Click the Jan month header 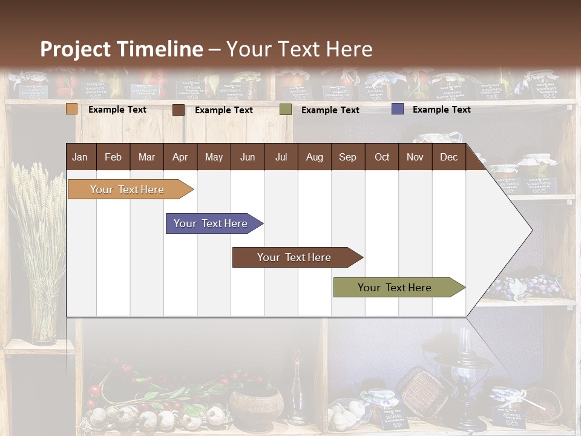click(x=80, y=157)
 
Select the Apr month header click(x=180, y=157)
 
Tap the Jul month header click(x=281, y=157)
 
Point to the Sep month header click(x=347, y=157)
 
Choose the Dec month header click(x=448, y=157)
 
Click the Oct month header click(x=382, y=157)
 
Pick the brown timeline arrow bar click(x=295, y=257)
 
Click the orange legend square click(x=72, y=109)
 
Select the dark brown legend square click(x=179, y=110)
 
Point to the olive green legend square click(x=285, y=110)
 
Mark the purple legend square click(x=397, y=109)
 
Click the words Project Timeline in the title click(x=122, y=49)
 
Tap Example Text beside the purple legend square click(x=441, y=110)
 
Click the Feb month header click(x=113, y=157)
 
